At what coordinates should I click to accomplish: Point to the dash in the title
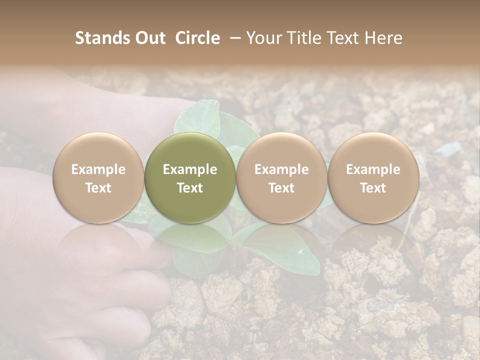(x=233, y=38)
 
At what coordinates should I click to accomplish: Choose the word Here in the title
(x=384, y=38)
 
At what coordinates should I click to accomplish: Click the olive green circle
(x=190, y=177)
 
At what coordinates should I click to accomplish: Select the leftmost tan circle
(x=98, y=177)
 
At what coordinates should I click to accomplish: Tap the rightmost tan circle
(x=373, y=177)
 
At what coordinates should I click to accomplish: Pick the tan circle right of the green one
(x=281, y=177)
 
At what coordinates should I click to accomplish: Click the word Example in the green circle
(x=190, y=169)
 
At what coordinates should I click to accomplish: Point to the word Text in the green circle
(x=190, y=188)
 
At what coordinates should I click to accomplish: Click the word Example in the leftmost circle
(x=98, y=169)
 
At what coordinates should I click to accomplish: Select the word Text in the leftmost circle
(x=98, y=188)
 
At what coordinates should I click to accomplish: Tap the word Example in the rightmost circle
(x=373, y=169)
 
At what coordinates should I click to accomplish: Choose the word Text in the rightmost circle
(x=373, y=188)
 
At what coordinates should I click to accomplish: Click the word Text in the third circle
(x=281, y=188)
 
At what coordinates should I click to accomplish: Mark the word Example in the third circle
(x=281, y=169)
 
